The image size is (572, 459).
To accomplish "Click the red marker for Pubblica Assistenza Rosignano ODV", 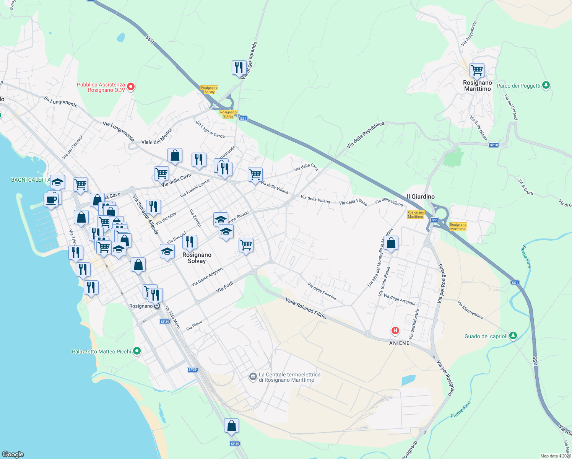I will click(x=130, y=87).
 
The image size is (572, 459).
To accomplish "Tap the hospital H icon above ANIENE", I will click(x=395, y=330).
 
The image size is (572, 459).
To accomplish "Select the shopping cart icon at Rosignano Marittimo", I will click(x=477, y=70).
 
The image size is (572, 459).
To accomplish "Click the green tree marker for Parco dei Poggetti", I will click(x=546, y=85).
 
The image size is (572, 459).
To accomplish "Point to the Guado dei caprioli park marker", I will click(x=513, y=336).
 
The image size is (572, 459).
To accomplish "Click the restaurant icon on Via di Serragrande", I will click(x=239, y=68).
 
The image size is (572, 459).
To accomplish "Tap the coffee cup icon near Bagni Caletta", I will click(x=51, y=199).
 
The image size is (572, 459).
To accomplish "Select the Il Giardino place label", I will click(x=421, y=197).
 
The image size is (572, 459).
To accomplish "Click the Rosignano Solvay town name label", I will click(x=197, y=258).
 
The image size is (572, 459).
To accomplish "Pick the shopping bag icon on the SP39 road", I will click(x=231, y=426).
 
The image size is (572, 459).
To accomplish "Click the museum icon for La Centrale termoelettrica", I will click(x=253, y=377).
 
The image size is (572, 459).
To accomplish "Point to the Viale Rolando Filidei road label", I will click(x=306, y=309).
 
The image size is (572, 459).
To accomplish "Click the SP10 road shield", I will click(x=494, y=145).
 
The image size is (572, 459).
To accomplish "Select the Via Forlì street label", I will click(x=224, y=287).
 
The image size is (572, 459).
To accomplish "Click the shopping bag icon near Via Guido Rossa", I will click(x=391, y=243).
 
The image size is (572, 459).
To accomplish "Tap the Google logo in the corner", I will click(x=13, y=454).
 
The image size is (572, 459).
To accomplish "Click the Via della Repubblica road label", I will click(x=365, y=135).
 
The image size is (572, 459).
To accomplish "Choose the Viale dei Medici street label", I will click(x=157, y=137).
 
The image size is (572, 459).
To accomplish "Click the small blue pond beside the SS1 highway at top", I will click(x=121, y=37).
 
